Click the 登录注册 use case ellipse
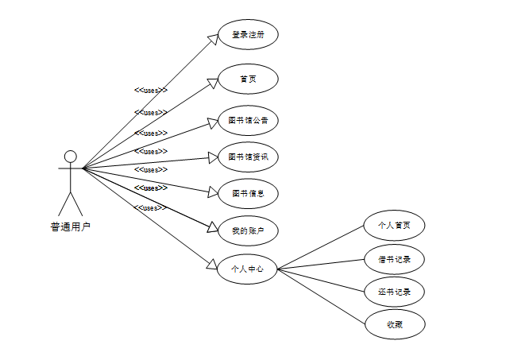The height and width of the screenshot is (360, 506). (248, 35)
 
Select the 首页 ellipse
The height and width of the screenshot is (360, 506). (248, 79)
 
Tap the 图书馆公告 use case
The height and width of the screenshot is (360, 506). (248, 121)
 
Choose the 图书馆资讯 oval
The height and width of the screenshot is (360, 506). (248, 157)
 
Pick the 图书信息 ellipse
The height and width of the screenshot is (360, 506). (248, 193)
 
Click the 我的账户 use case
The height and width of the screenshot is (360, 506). (248, 230)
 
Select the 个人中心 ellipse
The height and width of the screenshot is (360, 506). (248, 269)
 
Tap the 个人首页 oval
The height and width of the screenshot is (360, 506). (395, 225)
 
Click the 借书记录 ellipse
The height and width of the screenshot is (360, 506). (395, 258)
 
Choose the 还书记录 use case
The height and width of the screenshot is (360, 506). (395, 292)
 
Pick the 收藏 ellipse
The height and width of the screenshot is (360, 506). (395, 324)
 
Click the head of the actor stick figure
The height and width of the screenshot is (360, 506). (70, 156)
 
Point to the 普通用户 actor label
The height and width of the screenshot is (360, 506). (71, 226)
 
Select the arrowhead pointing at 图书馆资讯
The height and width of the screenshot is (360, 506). (212, 157)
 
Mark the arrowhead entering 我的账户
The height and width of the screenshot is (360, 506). (212, 227)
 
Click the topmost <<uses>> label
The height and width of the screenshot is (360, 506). (151, 91)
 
